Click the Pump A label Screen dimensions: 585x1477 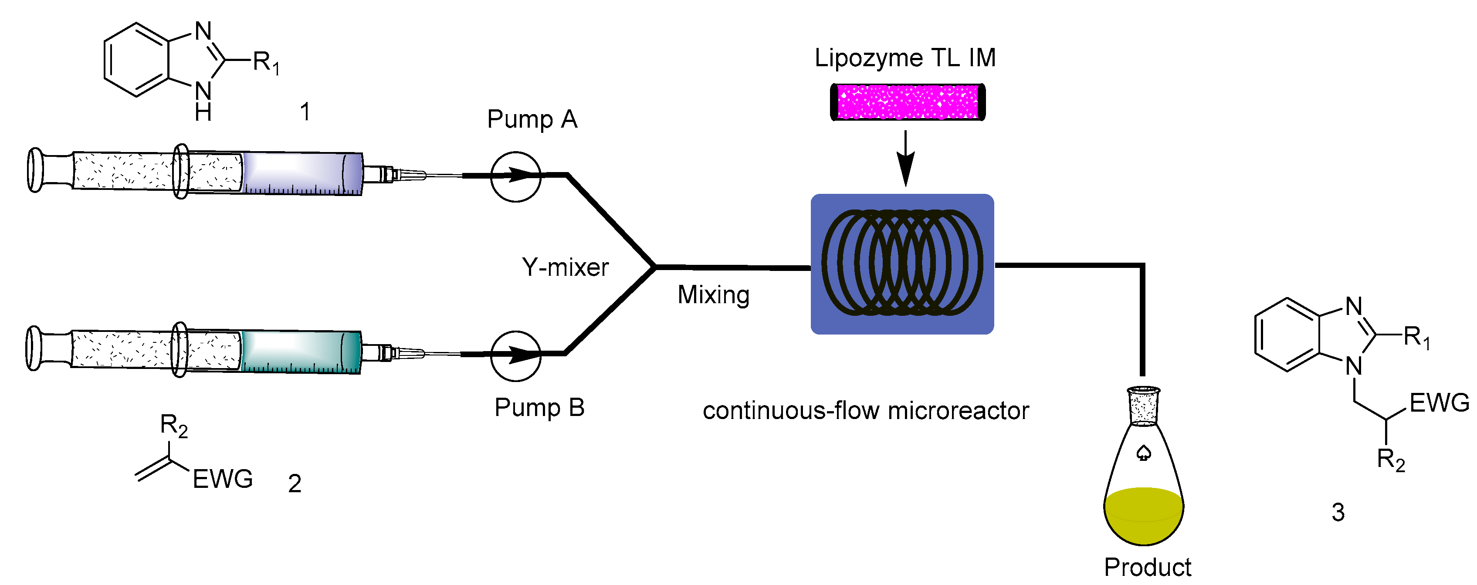tap(532, 119)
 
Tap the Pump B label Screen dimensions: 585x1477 tap(539, 407)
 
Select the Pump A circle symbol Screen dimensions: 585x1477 tap(515, 176)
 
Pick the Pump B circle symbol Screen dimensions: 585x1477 tap(515, 356)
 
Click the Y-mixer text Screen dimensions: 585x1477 tap(565, 267)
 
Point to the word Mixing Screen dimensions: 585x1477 tap(713, 294)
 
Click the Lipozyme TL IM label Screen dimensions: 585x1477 tap(905, 58)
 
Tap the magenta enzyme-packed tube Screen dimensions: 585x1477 tap(908, 102)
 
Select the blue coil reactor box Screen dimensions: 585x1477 tap(902, 264)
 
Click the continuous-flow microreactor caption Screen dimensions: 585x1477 tap(866, 411)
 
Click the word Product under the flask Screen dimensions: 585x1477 tap(1147, 567)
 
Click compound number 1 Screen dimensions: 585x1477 tap(305, 111)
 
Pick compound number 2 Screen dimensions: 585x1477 tap(295, 484)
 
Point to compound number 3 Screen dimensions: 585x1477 tap(1338, 512)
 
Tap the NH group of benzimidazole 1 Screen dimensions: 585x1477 tap(203, 100)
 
